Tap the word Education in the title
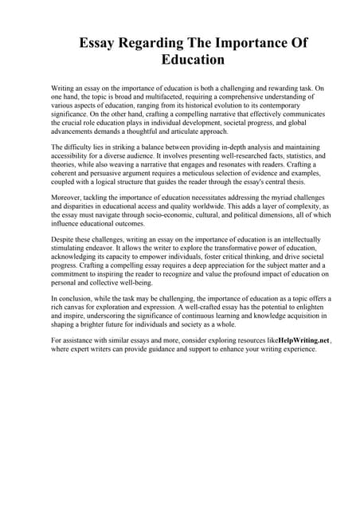click(193, 60)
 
